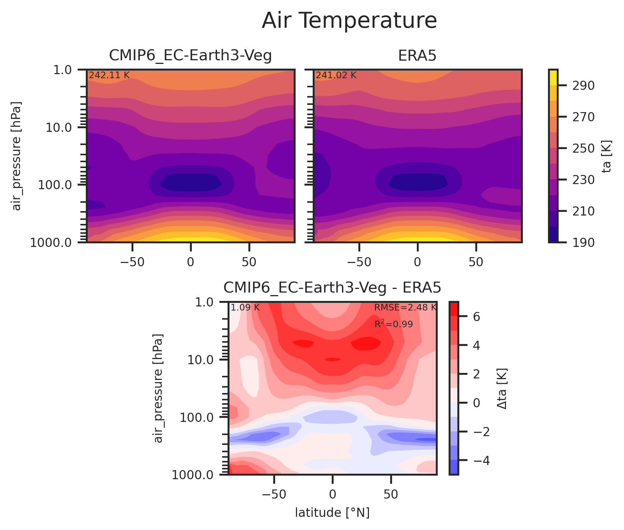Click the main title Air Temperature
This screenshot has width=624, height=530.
click(349, 21)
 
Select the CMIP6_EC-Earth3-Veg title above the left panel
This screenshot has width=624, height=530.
click(190, 56)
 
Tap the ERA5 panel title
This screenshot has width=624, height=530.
click(417, 56)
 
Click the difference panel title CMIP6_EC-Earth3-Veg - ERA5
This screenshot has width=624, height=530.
click(332, 288)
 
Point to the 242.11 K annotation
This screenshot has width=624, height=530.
click(109, 75)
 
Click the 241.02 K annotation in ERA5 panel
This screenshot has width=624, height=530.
click(336, 75)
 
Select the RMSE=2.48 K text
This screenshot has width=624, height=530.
click(405, 308)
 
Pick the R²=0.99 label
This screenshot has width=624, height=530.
click(393, 324)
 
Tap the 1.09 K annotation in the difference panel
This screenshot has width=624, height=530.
click(245, 308)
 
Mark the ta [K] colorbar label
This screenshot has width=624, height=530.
click(607, 156)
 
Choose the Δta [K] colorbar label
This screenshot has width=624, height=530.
click(502, 388)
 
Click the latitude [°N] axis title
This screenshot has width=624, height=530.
click(332, 513)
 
